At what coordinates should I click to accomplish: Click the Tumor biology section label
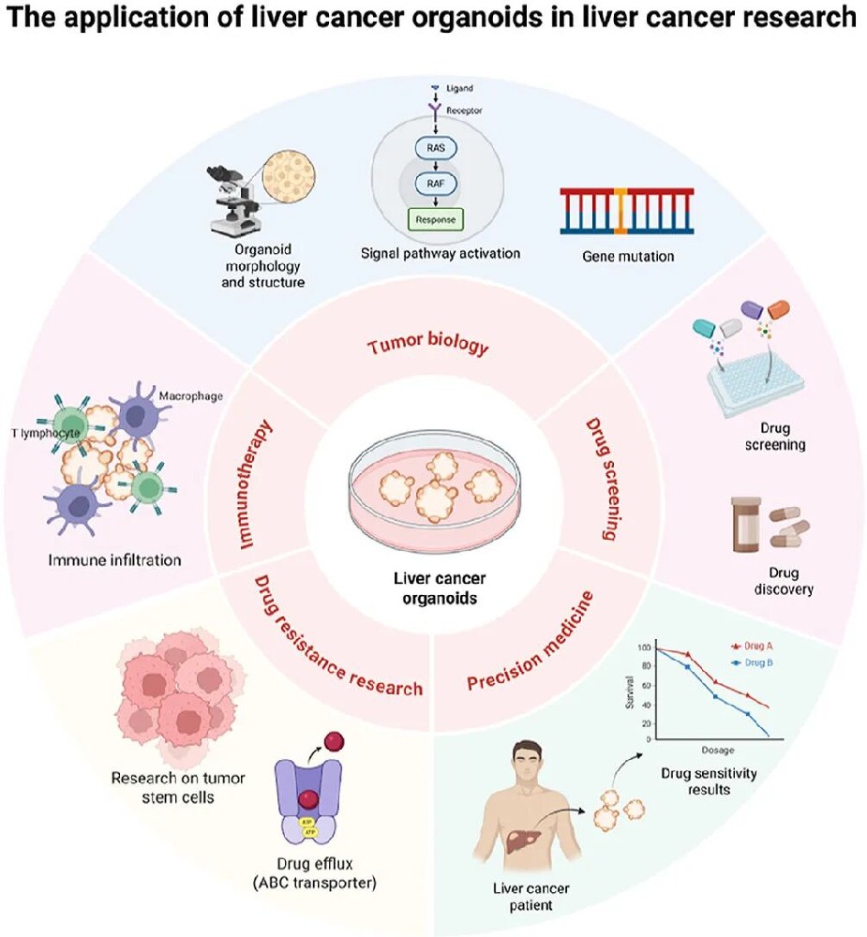[427, 346]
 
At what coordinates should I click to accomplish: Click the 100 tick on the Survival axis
[643, 648]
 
